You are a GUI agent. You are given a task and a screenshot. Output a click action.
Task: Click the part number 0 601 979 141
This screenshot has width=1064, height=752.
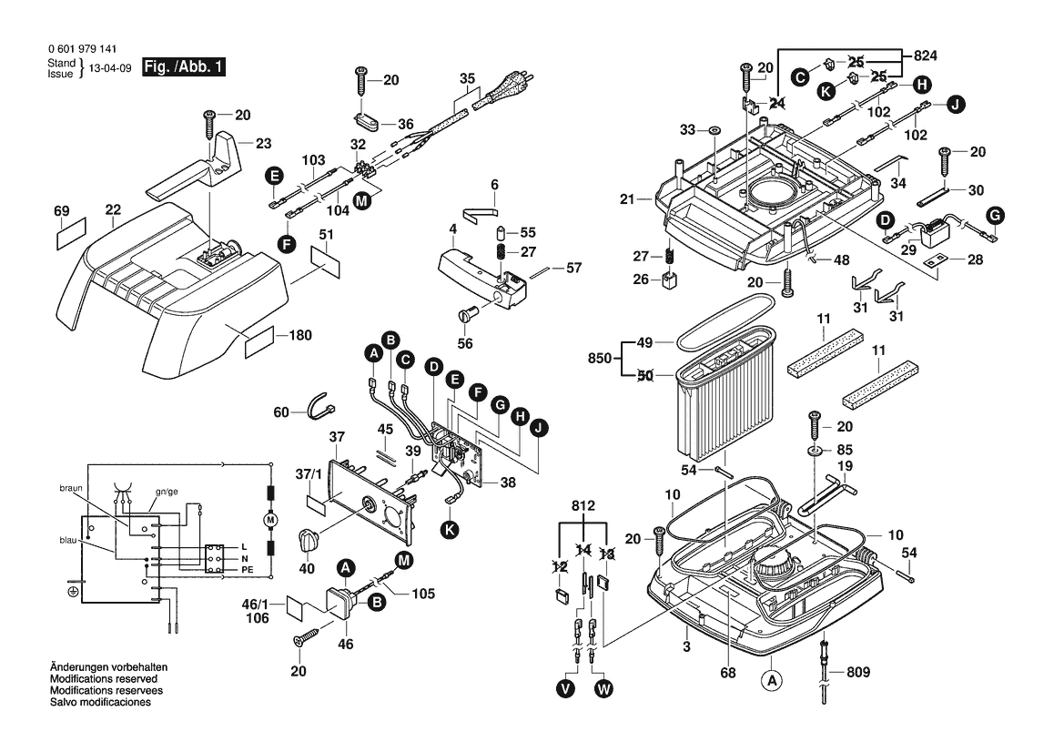point(81,49)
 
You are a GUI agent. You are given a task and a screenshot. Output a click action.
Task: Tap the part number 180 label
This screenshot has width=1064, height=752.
point(299,335)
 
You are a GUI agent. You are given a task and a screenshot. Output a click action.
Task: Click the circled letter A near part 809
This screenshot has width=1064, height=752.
point(771,680)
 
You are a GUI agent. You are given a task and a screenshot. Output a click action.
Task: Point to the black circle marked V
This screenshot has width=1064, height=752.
point(566,689)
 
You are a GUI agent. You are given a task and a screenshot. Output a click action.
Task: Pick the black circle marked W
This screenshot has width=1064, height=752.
point(603,689)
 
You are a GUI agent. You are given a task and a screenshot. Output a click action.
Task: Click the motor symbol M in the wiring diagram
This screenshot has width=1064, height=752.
point(269,520)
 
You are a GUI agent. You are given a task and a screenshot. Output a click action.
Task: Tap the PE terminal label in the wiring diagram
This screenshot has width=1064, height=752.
point(247,569)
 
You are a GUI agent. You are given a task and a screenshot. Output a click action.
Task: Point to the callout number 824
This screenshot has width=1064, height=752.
point(925,56)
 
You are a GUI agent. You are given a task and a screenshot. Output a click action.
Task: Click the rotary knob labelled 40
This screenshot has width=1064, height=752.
point(309,538)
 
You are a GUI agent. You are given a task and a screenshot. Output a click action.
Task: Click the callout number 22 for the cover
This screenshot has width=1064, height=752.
point(113,210)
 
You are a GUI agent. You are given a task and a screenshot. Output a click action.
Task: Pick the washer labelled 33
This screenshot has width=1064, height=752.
point(715,130)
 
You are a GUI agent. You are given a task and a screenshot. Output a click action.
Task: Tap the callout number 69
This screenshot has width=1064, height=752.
point(62,211)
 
